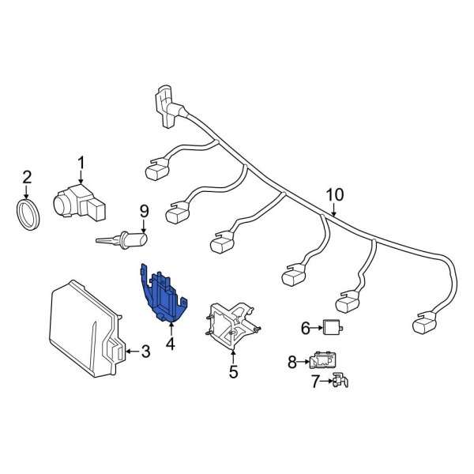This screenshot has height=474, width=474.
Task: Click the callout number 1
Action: click(80, 164)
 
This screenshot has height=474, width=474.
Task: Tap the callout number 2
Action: click(26, 176)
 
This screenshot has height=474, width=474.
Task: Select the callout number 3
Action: click(145, 352)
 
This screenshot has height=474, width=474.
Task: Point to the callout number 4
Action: click(170, 344)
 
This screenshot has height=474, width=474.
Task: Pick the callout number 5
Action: click(233, 371)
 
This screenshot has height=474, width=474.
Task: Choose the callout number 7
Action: click(314, 382)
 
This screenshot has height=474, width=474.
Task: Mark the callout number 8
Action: click(292, 362)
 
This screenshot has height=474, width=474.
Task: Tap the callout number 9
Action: click(144, 210)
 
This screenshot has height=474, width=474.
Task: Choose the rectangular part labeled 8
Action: click(320, 361)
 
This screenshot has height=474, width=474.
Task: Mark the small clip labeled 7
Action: click(340, 382)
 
